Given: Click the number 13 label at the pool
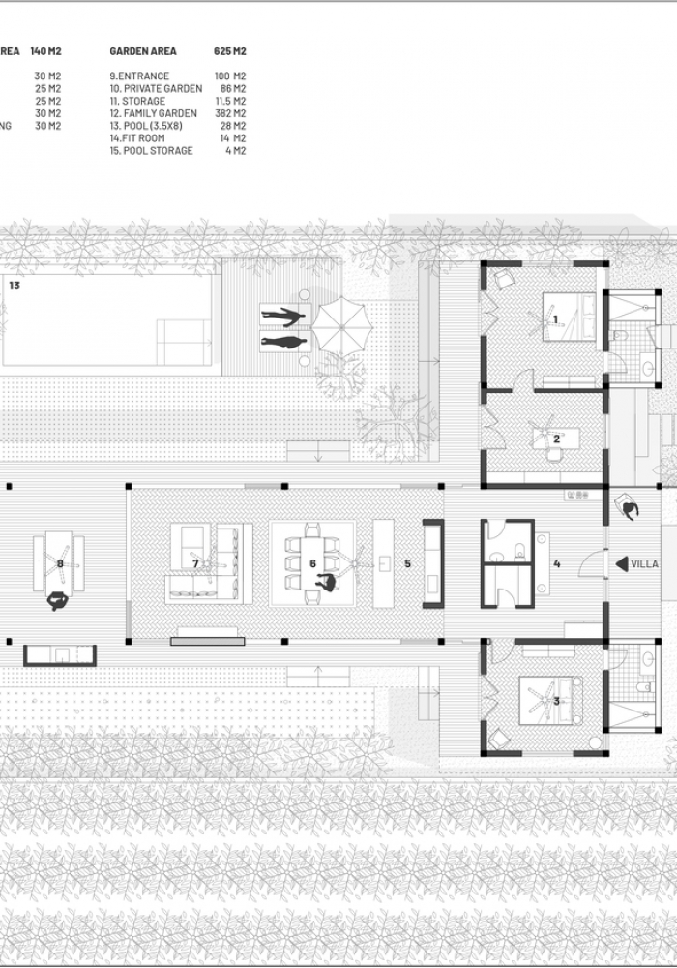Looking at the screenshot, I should pyautogui.click(x=14, y=286).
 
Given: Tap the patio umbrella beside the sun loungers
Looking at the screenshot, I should pyautogui.click(x=343, y=325).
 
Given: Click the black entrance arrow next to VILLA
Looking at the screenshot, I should pyautogui.click(x=619, y=563).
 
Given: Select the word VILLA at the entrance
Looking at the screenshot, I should pyautogui.click(x=646, y=563).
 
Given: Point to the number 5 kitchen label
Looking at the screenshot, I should pyautogui.click(x=407, y=562).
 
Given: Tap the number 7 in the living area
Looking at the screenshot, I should pyautogui.click(x=195, y=562).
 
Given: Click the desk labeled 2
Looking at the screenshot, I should pyautogui.click(x=555, y=438).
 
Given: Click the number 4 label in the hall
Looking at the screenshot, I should pyautogui.click(x=557, y=562).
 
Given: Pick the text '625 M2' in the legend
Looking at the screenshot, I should pyautogui.click(x=230, y=51).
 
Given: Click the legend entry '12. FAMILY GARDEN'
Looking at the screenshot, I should pyautogui.click(x=153, y=113).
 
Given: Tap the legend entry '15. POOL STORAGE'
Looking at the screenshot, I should pyautogui.click(x=151, y=150).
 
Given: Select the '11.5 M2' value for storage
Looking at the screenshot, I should pyautogui.click(x=230, y=101).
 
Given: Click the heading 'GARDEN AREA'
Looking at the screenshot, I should pyautogui.click(x=142, y=51).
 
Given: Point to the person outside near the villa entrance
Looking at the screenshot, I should pyautogui.click(x=629, y=506).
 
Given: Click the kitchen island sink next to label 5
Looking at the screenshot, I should pyautogui.click(x=384, y=562).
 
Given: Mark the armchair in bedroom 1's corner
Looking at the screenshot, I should pyautogui.click(x=505, y=279).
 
